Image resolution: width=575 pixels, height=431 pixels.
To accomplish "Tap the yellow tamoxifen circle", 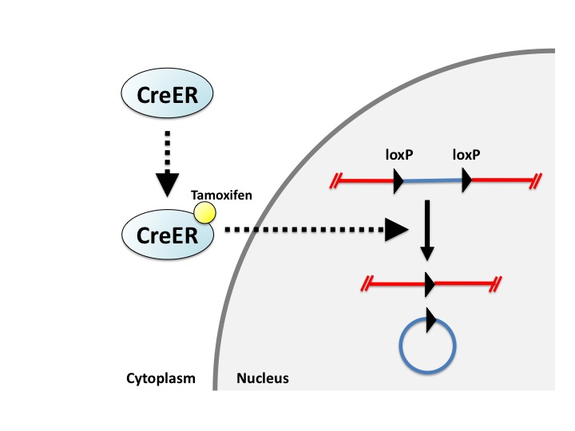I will point(205,212).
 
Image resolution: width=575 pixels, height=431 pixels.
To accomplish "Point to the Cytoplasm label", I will point(160,378).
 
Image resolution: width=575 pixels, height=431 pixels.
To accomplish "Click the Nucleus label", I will point(263,378).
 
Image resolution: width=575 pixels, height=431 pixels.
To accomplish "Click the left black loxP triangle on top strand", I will point(398,182).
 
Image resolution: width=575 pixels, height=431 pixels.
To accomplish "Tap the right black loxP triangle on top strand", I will point(466,182).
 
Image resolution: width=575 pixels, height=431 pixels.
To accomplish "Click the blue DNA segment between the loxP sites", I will point(432,182).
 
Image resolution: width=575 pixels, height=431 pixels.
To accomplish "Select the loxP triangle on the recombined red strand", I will point(429,283).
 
